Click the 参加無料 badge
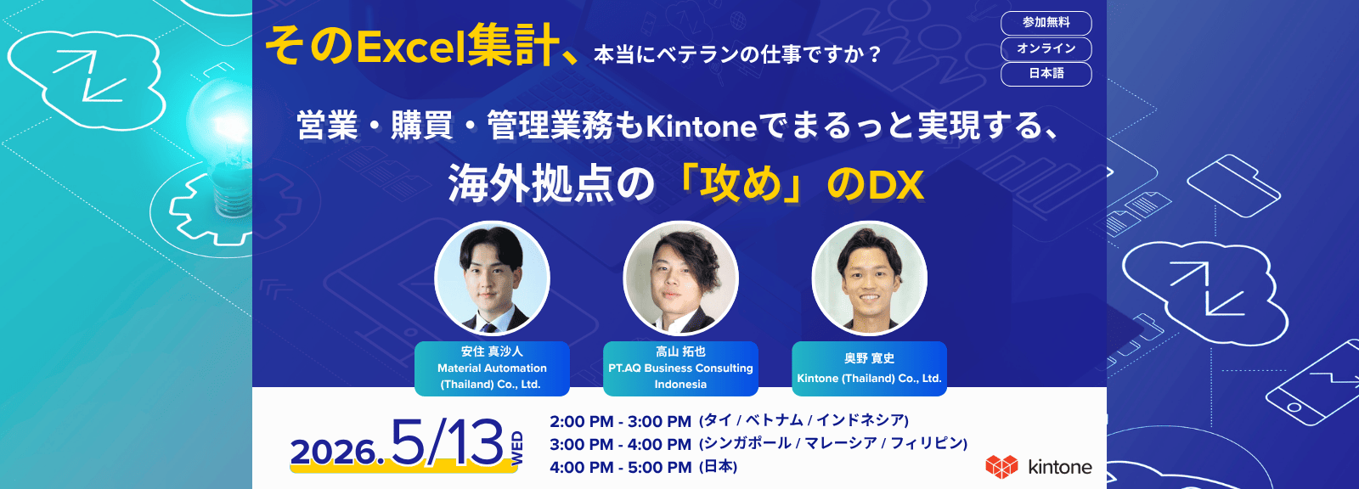pos(1046,23)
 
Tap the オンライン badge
pos(1046,48)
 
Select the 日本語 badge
pos(1046,74)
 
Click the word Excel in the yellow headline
pos(411,48)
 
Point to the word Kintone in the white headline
pos(701,126)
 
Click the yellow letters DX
pos(896,186)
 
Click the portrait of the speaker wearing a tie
pos(492,278)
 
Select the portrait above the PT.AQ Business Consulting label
pos(680,278)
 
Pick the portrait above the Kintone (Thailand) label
pos(870,278)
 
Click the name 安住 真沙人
pos(492,351)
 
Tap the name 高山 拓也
pos(680,351)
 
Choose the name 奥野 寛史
pos(870,358)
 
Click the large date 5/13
pos(447,443)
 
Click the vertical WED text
pos(517,448)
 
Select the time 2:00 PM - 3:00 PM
pos(620,421)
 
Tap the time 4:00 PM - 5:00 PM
pos(620,467)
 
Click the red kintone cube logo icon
pos(1001,467)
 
